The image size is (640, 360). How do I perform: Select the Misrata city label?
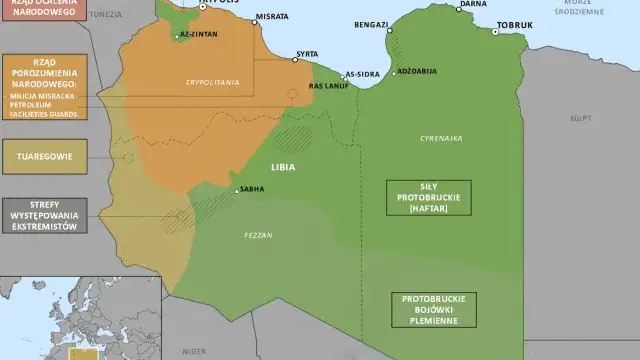(272, 17)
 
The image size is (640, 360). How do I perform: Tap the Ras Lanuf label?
(327, 86)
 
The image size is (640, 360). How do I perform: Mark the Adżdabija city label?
(416, 74)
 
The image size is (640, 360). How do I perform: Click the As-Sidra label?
(362, 74)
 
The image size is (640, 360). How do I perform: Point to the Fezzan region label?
(258, 235)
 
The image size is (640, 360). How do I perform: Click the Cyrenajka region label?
(441, 139)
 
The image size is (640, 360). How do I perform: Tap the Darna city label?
(473, 4)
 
